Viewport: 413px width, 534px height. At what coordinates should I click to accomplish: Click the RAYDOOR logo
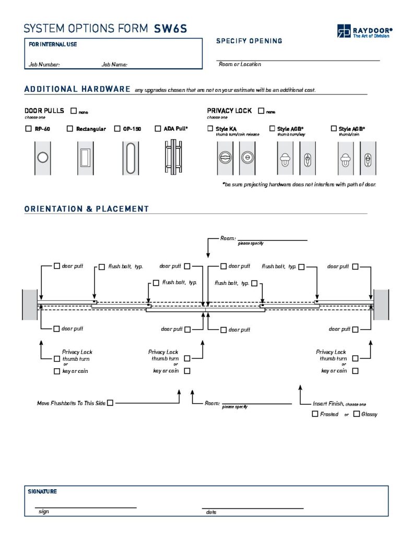[x=364, y=31]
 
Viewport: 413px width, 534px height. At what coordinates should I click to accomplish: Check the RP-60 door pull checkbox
[x=28, y=129]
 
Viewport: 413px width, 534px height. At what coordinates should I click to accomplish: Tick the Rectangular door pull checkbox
[x=70, y=129]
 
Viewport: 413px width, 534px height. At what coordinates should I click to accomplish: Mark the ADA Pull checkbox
[x=158, y=129]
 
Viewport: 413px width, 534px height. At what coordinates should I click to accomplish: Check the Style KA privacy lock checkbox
[x=210, y=129]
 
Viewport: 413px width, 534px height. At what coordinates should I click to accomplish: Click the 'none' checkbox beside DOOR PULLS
[x=73, y=111]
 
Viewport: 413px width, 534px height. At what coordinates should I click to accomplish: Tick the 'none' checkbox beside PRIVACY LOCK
[x=261, y=111]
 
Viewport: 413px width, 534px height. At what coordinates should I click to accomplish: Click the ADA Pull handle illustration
[x=172, y=157]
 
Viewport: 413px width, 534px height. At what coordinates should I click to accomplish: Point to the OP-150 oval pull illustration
[x=130, y=157]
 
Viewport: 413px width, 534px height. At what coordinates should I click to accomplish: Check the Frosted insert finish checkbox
[x=315, y=414]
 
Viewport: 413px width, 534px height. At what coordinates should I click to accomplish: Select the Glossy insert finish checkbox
[x=356, y=414]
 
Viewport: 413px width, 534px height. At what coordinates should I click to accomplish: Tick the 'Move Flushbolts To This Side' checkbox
[x=110, y=403]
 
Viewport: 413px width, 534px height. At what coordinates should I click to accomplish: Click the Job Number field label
[x=44, y=65]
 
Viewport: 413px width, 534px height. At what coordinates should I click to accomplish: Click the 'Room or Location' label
[x=240, y=64]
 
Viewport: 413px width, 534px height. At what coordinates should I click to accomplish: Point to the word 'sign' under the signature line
[x=44, y=512]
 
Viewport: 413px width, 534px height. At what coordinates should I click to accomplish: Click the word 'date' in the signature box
[x=211, y=512]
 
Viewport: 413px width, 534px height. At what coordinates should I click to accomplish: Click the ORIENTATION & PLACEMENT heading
[x=87, y=209]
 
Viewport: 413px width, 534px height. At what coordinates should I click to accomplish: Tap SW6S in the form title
[x=170, y=29]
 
